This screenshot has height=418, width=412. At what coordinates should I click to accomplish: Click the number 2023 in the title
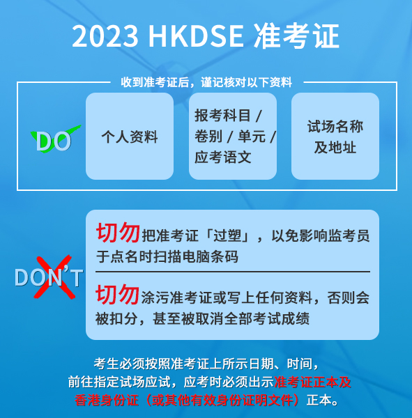[105, 36]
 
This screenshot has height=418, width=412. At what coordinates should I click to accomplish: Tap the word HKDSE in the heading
[196, 36]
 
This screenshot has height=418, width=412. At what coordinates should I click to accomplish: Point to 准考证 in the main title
[296, 36]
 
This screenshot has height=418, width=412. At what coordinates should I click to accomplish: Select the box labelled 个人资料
[130, 137]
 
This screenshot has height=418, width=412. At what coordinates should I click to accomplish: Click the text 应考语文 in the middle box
[223, 157]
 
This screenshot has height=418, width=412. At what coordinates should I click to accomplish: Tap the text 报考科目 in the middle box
[223, 116]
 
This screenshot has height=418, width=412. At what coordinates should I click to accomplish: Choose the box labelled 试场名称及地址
[335, 137]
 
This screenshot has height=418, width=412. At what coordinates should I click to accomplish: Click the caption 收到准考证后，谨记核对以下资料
[206, 82]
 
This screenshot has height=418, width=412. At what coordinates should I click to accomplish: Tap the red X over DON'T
[54, 277]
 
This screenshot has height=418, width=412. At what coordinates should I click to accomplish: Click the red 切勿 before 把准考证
[118, 233]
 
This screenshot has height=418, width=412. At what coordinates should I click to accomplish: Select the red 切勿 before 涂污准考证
[117, 294]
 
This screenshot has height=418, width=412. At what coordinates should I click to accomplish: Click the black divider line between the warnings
[233, 272]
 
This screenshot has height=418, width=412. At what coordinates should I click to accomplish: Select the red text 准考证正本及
[312, 382]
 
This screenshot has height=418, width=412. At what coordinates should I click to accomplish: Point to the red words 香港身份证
[107, 400]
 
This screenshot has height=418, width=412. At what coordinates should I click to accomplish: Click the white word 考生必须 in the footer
[119, 364]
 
